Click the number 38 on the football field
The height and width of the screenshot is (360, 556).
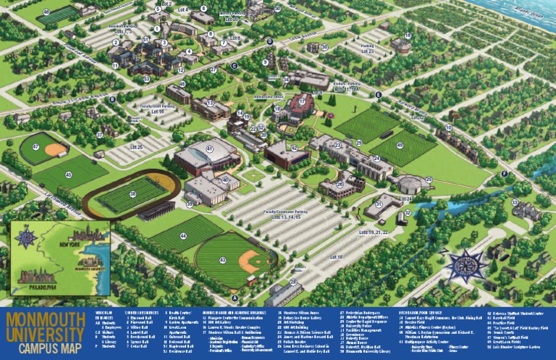pyautogui.click(x=132, y=194)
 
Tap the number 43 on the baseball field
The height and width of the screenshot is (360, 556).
pyautogui.click(x=222, y=259)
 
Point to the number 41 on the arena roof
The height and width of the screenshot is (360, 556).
pyautogui.click(x=209, y=149)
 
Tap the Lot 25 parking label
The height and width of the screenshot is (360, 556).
pyautogui.click(x=135, y=148)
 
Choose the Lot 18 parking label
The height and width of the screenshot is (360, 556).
pyautogui.click(x=336, y=257)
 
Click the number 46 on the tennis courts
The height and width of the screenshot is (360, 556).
pyautogui.click(x=46, y=12)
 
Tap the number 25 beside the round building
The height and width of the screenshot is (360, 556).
pyautogui.click(x=428, y=179)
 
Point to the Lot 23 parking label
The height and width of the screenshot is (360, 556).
pyautogui.click(x=367, y=51)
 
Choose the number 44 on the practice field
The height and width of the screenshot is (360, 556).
pyautogui.click(x=182, y=236)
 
